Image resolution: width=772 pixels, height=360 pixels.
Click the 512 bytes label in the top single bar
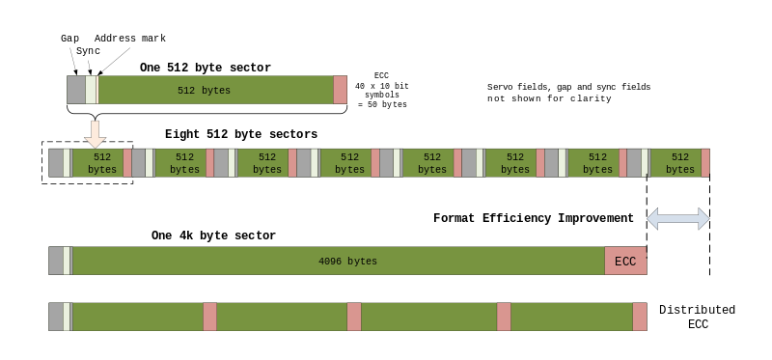204,91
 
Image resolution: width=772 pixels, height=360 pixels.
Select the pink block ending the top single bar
340,90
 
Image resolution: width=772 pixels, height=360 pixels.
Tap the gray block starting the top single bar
76,90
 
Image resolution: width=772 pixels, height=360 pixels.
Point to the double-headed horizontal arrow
677,219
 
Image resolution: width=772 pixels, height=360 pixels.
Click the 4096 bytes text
347,262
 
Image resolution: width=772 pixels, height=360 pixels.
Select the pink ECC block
625,262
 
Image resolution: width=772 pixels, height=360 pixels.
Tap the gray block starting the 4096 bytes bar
56,261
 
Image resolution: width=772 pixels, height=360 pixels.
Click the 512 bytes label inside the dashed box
101,163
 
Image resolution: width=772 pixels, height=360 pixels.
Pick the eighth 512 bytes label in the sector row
680,163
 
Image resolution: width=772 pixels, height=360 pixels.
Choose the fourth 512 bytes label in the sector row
349,163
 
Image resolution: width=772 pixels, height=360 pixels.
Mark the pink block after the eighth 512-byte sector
705,162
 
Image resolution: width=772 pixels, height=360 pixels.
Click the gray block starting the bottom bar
56,317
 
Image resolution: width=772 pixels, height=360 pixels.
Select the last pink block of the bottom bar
640,317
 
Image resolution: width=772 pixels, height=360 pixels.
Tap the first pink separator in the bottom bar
209,317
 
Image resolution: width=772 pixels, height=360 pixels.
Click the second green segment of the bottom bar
282,317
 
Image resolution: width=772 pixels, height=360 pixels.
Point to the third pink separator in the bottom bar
504,317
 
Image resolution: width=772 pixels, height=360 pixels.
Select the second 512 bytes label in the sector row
184,163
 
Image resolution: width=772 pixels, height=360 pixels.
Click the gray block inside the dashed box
56,162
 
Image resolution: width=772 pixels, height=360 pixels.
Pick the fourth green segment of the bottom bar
571,317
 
